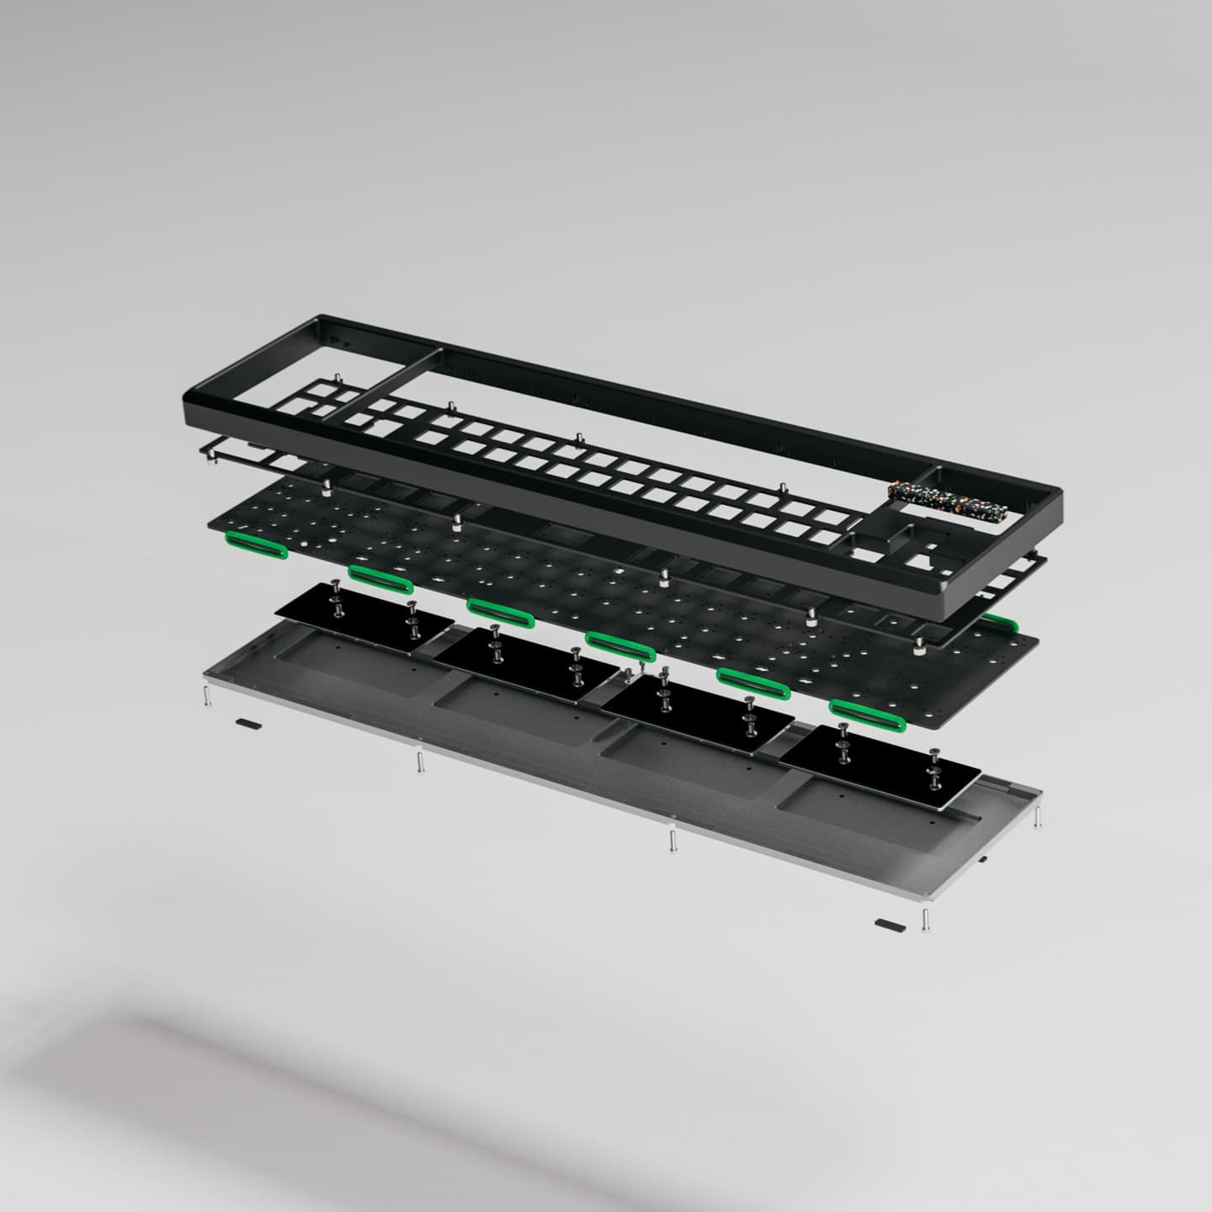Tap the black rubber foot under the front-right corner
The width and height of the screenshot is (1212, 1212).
[x=890, y=925]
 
